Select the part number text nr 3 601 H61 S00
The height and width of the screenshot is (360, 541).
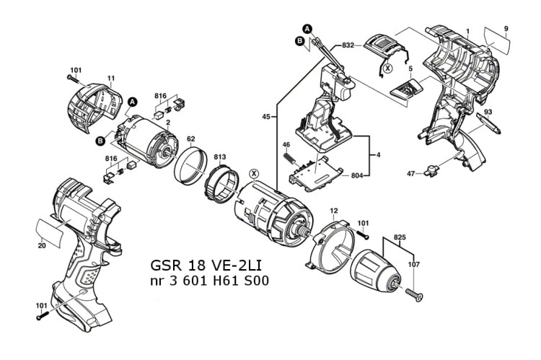coord(209,281)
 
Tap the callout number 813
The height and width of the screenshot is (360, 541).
coord(219,157)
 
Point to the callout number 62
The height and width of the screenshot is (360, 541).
coord(191,139)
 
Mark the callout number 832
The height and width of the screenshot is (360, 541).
coord(348,45)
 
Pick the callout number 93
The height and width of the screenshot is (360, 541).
coord(488,112)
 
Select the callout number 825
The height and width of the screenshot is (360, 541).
coord(401,237)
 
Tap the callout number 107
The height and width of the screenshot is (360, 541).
coord(413,263)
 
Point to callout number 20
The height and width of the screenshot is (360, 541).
coord(43,245)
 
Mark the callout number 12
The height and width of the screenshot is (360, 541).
coord(333,211)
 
